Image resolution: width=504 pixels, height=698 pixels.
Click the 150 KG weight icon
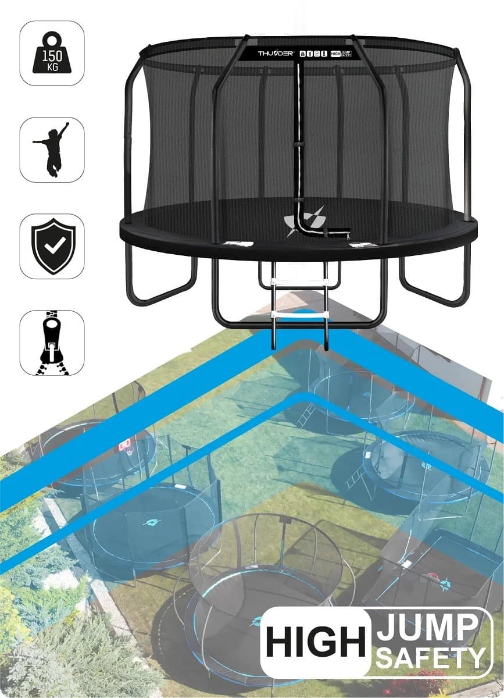(x=52, y=54)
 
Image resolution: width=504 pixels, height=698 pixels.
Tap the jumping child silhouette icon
(x=52, y=149)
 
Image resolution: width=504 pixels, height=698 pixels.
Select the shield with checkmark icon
(x=52, y=247)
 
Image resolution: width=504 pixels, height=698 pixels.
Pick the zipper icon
(x=52, y=343)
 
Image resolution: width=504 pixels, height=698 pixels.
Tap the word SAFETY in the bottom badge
(x=430, y=657)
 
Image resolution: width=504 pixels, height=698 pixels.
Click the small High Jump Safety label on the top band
(x=342, y=54)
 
